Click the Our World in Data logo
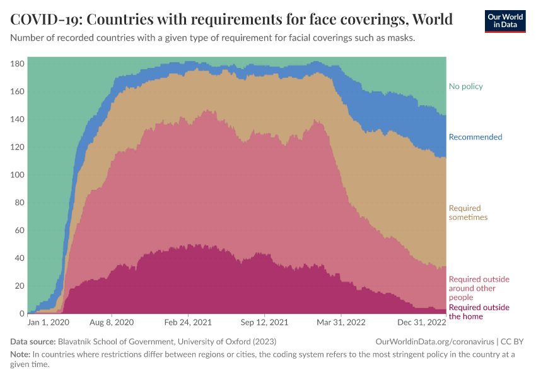[504, 20]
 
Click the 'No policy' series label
[465, 87]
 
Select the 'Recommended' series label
[475, 137]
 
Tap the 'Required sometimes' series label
[467, 213]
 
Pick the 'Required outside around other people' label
[479, 288]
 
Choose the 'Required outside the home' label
[479, 312]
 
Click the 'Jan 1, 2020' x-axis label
[48, 322]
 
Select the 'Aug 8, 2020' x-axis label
[112, 322]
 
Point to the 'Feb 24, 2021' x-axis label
[188, 322]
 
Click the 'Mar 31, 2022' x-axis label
[341, 322]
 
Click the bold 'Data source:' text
[33, 341]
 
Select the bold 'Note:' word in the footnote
[21, 354]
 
